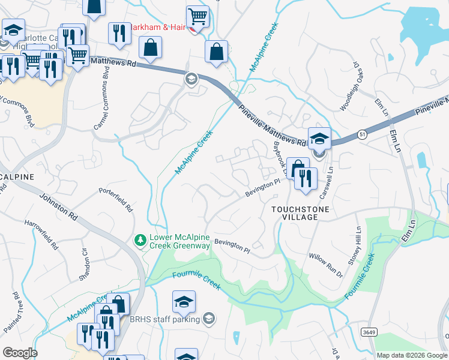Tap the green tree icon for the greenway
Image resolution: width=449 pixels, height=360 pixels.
(x=140, y=240)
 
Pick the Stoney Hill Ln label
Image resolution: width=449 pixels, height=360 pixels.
(x=355, y=246)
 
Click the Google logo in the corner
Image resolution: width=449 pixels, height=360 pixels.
(x=20, y=353)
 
